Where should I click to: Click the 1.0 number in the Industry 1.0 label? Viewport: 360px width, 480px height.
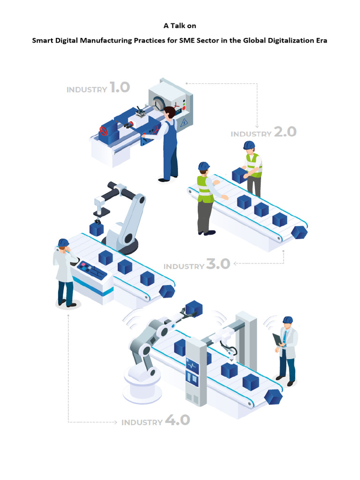(x=120, y=87)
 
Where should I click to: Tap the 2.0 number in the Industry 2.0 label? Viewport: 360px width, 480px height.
(x=285, y=132)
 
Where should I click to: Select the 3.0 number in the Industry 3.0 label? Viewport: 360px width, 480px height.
(x=218, y=264)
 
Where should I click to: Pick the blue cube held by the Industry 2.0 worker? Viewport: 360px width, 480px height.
(x=239, y=175)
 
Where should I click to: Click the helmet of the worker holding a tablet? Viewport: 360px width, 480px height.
(x=287, y=320)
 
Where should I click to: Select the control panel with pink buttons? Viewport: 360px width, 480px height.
(x=91, y=270)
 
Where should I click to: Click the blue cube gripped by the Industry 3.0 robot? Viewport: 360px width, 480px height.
(x=97, y=229)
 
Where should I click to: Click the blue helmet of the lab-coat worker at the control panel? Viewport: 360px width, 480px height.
(x=63, y=242)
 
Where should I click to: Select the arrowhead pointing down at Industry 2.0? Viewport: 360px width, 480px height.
(x=257, y=126)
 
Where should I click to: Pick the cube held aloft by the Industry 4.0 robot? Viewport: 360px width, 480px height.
(x=194, y=308)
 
